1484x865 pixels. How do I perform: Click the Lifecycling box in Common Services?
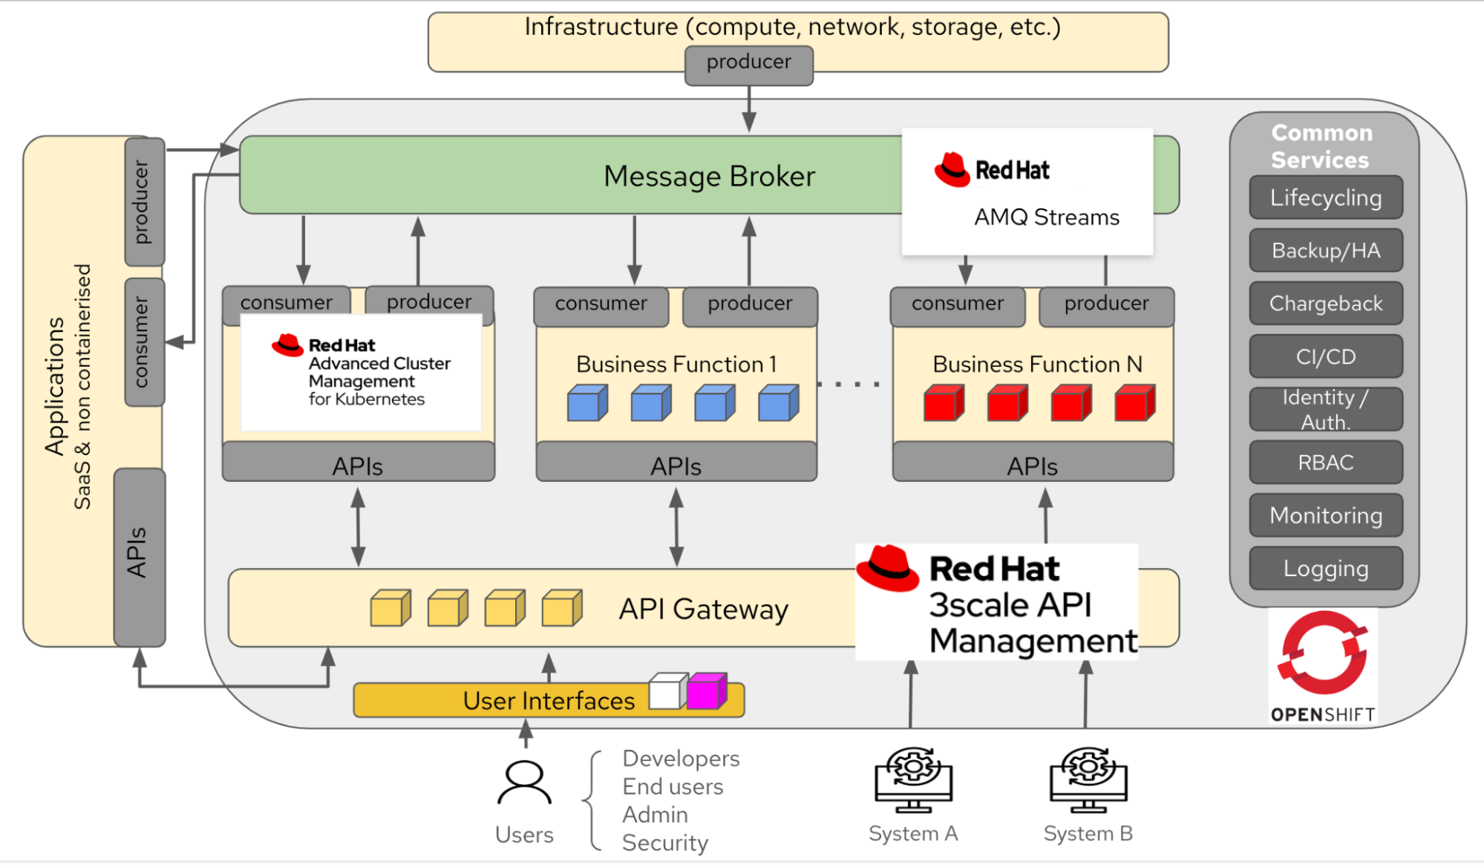tap(1326, 198)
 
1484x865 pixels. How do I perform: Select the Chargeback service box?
tap(1326, 304)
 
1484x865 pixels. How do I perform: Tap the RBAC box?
tap(1326, 463)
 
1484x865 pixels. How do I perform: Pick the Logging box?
tap(1326, 569)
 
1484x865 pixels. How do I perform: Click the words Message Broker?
tap(709, 177)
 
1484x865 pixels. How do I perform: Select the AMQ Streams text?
tap(1046, 218)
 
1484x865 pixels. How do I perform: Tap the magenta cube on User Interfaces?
tap(705, 691)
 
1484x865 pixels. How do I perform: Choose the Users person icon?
tap(524, 783)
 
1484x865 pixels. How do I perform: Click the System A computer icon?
tap(913, 780)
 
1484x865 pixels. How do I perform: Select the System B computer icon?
tap(1088, 780)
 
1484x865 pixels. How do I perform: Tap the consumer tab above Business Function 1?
tap(601, 305)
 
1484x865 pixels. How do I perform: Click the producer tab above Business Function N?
tap(1106, 305)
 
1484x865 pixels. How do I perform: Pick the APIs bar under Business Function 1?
tap(676, 465)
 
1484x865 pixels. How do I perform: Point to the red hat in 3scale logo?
tap(887, 568)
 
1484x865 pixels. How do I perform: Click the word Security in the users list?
tap(664, 843)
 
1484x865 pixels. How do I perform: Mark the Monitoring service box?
tap(1326, 515)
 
